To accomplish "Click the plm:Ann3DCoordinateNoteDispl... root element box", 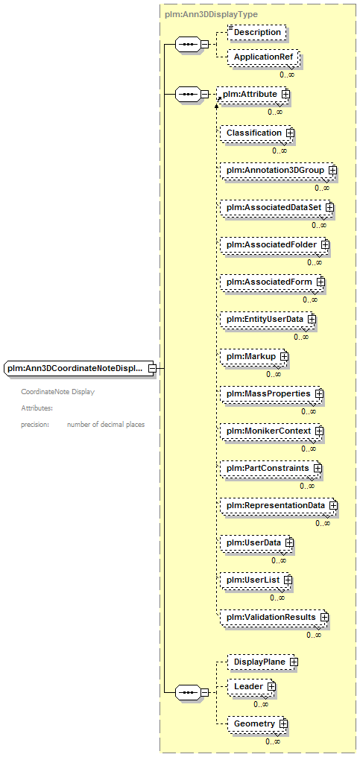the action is coord(79,368).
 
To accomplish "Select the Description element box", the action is coord(256,32).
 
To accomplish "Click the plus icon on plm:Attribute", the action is coord(285,95).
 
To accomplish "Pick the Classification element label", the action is coord(254,133).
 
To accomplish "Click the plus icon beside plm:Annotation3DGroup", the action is coord(332,170).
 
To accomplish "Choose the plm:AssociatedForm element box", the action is coord(273,282).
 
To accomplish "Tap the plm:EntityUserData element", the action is coord(268,320).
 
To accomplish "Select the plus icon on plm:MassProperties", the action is coord(319,394).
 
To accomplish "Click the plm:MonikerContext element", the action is coord(272,431).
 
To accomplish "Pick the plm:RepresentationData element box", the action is coord(278,506).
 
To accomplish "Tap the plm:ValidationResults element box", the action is coord(274,618).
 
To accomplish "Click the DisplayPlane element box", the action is coord(263,662).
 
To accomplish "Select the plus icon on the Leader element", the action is coord(271,686).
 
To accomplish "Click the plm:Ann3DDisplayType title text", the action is coord(211,14).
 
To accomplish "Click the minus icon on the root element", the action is coord(152,368).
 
